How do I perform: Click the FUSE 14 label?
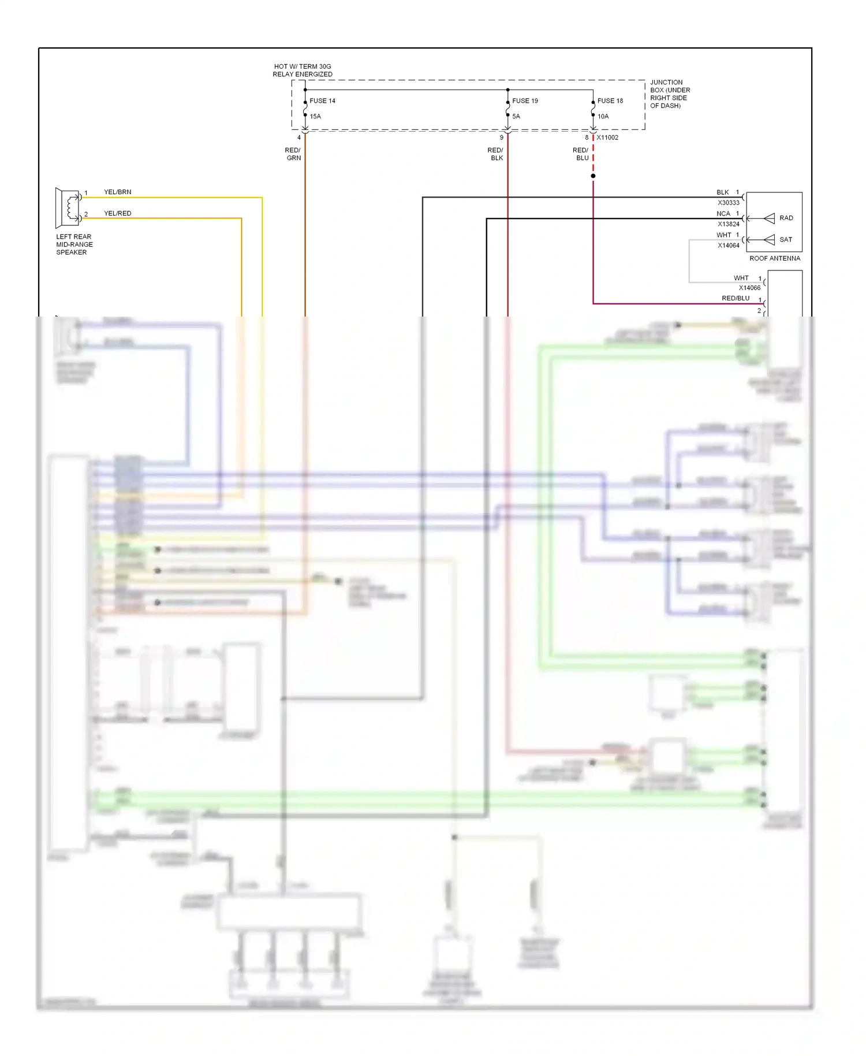[x=322, y=101]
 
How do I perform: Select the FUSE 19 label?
[x=525, y=101]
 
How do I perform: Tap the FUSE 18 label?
[x=610, y=101]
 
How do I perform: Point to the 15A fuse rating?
[x=315, y=116]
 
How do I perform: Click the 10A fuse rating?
[x=603, y=116]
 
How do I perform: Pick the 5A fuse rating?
[x=516, y=116]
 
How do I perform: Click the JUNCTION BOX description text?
[x=670, y=94]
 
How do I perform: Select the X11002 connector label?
[x=607, y=137]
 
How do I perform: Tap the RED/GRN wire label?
[x=293, y=154]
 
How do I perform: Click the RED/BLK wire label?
[x=496, y=154]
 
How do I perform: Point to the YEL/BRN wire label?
[x=118, y=192]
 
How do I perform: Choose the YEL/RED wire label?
[x=118, y=213]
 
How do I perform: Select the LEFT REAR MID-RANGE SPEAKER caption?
[x=74, y=244]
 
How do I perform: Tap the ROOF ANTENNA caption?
[x=775, y=258]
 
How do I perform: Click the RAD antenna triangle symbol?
[x=769, y=218]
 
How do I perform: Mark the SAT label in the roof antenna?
[x=786, y=239]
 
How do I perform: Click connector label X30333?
[x=728, y=203]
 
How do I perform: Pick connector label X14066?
[x=749, y=288]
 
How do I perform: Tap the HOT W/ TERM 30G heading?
[x=303, y=70]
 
